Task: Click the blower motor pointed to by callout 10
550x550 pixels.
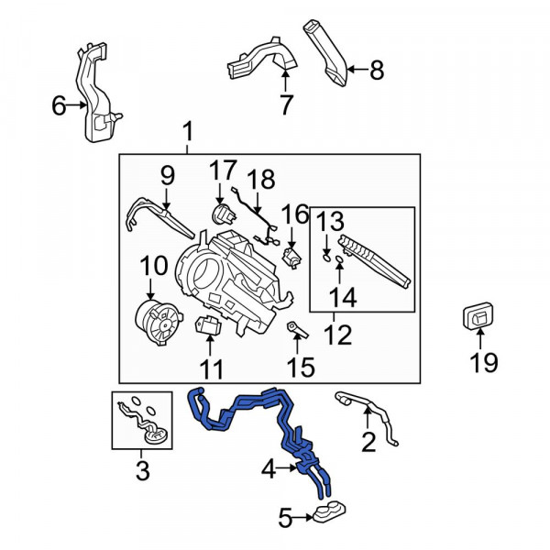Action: pos(159,322)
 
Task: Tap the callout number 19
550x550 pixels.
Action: pos(484,362)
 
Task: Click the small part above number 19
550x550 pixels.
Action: pos(478,316)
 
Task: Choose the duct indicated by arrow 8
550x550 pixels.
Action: pos(326,52)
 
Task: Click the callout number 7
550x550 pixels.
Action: pos(286,104)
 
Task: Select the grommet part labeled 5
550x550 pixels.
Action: pos(329,511)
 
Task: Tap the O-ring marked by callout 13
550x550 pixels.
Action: pos(326,258)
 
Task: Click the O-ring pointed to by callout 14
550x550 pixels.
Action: pos(339,259)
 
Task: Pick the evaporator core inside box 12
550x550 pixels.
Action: pos(374,261)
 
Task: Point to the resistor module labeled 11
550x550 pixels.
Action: pos(208,324)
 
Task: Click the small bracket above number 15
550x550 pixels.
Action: pos(298,330)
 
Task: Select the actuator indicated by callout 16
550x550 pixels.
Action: pos(291,258)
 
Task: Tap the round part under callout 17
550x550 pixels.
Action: pos(223,214)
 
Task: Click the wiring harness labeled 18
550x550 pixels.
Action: pos(258,218)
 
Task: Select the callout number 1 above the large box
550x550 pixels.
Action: pos(188,132)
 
